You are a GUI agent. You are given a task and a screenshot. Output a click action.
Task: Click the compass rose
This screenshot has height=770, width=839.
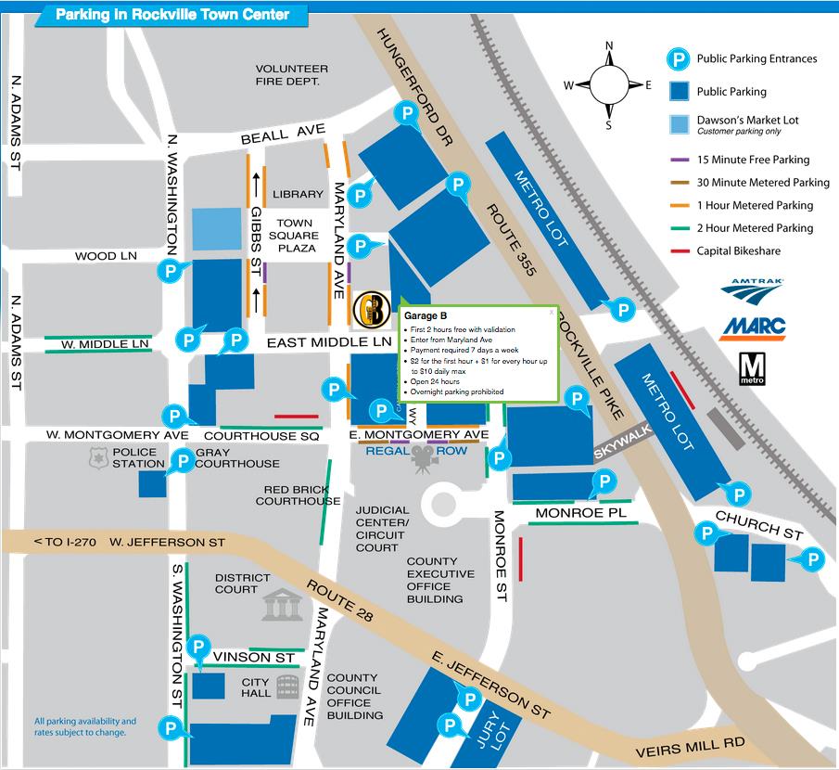(609, 84)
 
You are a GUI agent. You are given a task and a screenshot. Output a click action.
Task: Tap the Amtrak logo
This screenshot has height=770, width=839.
(752, 289)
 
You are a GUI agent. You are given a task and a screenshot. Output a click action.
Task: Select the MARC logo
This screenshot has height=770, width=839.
(752, 327)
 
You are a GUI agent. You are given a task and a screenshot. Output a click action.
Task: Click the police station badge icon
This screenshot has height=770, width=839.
(94, 456)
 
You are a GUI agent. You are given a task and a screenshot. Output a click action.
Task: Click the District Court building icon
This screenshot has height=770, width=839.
(282, 604)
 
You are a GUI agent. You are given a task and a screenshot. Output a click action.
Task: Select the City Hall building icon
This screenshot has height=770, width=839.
(287, 687)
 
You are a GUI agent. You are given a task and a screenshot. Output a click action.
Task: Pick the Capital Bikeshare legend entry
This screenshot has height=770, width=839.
(740, 250)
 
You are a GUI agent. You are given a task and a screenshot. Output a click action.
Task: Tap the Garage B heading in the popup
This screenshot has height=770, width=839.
(421, 316)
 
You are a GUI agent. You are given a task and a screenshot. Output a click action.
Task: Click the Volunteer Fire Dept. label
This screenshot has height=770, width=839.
(292, 75)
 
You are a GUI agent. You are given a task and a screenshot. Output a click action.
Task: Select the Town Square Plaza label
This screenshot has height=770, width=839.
(296, 236)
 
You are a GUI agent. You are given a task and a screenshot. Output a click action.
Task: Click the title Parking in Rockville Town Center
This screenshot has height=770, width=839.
(172, 15)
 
